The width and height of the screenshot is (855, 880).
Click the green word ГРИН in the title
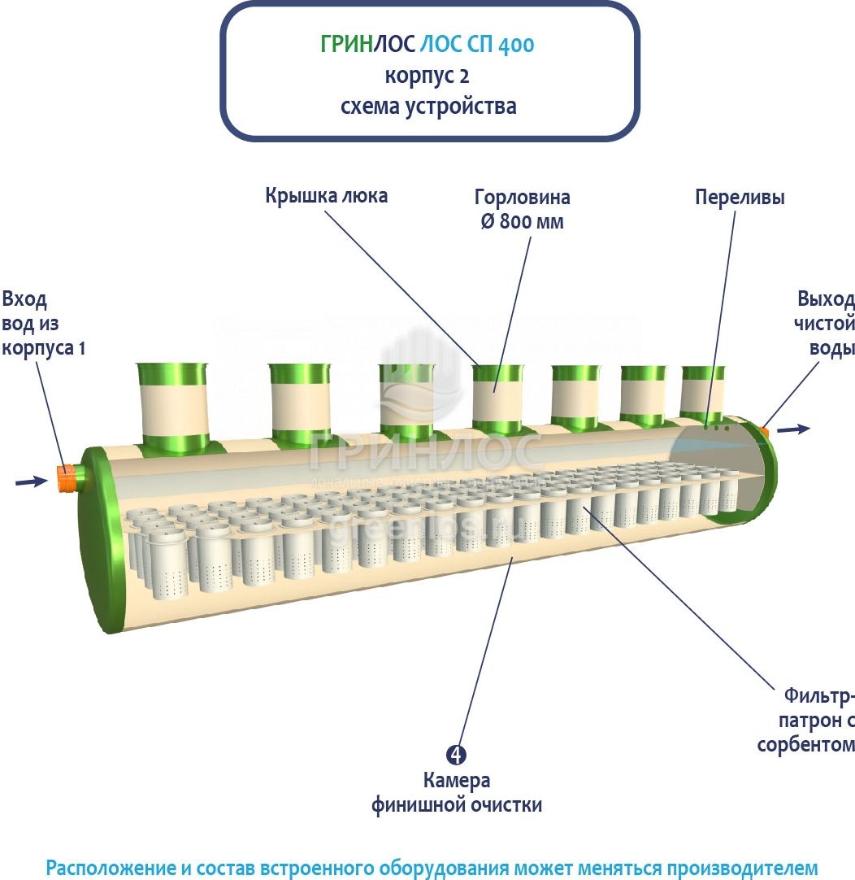[x=345, y=45]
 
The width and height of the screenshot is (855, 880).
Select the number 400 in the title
[x=516, y=46]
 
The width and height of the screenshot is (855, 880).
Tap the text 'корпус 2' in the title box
[x=427, y=76]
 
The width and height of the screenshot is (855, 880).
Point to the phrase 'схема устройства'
[x=427, y=106]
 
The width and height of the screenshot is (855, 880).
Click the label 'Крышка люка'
[x=326, y=196]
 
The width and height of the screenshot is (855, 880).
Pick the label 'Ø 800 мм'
[x=522, y=221]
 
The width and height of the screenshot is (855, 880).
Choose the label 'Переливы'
[x=740, y=198]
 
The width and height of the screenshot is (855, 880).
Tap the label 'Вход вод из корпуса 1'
[x=42, y=323]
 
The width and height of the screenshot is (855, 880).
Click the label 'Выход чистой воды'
[x=825, y=323]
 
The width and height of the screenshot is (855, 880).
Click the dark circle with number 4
[x=457, y=755]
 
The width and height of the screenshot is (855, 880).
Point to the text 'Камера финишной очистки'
[x=457, y=793]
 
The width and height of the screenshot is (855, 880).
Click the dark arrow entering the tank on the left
[x=31, y=482]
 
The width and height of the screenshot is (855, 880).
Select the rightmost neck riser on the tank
[x=703, y=390]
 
